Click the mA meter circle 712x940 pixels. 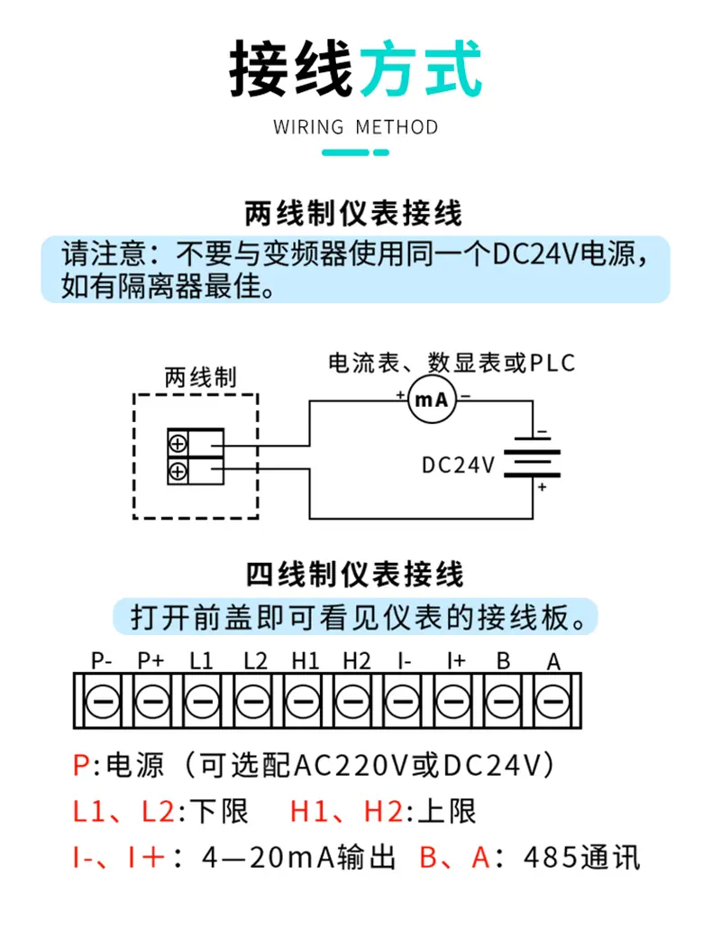(432, 399)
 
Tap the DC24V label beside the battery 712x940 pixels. (459, 465)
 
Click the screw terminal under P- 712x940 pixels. (103, 701)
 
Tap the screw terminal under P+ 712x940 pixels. (152, 701)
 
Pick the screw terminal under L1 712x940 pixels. (203, 701)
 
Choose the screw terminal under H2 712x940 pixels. (352, 701)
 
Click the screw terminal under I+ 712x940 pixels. (452, 701)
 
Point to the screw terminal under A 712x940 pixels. (552, 701)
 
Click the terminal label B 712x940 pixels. (503, 660)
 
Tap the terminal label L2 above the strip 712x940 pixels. (255, 660)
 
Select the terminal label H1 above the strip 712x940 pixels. (305, 660)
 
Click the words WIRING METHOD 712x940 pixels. (356, 127)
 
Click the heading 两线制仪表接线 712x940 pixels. (354, 214)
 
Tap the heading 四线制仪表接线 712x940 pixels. (355, 575)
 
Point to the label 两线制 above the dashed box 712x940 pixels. (201, 378)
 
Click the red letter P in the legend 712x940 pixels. (81, 766)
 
